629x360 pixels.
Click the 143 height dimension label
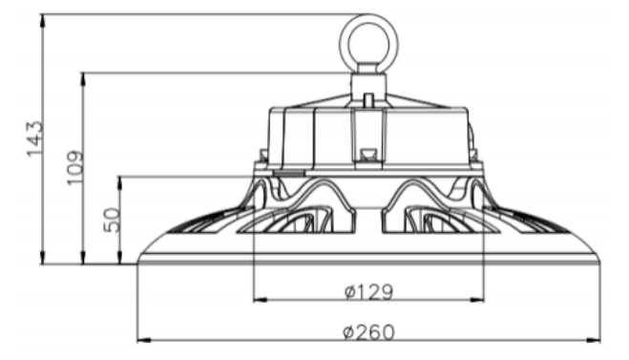[34, 138]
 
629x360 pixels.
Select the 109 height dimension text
[75, 168]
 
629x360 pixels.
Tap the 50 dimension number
[112, 220]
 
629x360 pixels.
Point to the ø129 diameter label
[368, 292]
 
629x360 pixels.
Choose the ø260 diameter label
[368, 332]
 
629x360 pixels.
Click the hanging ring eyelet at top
[368, 43]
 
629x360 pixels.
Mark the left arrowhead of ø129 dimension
[261, 300]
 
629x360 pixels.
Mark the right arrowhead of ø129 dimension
[477, 300]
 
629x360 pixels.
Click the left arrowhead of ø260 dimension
[144, 340]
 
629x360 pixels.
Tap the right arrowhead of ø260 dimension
[594, 340]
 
